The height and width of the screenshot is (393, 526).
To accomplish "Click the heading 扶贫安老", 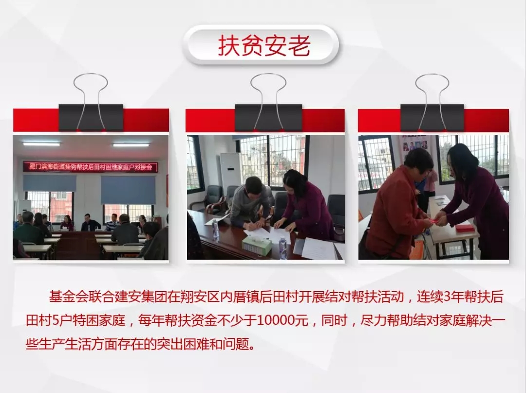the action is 264,46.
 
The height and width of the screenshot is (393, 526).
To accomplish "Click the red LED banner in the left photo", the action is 90,167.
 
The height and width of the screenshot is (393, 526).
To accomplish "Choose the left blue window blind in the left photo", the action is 50,183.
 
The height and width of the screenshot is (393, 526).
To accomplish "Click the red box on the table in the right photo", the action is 465,228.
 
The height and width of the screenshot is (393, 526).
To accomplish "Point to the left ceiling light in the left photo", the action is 41,144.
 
